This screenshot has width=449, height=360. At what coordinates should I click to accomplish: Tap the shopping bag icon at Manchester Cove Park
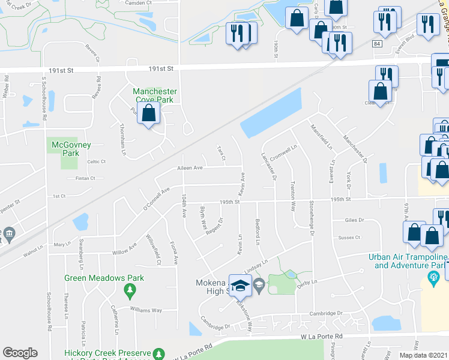[x=149, y=113]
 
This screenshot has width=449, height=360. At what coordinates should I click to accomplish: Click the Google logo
[x=20, y=353]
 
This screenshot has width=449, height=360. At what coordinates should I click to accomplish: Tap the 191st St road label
[x=161, y=69]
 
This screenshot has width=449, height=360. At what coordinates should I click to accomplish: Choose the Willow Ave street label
[x=125, y=249]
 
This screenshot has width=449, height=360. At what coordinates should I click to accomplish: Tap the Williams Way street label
[x=148, y=310]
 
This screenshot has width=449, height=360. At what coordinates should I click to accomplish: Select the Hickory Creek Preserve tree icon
[x=158, y=353]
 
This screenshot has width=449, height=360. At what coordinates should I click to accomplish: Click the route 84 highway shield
[x=376, y=44]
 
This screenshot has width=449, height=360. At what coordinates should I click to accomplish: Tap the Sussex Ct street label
[x=349, y=238]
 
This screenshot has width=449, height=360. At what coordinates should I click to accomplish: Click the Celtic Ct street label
[x=95, y=161]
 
